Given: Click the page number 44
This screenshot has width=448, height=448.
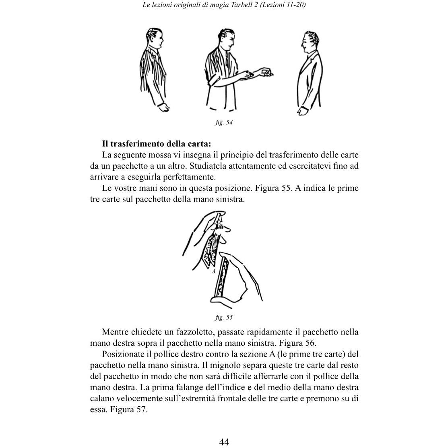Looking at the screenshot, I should [x=224, y=442].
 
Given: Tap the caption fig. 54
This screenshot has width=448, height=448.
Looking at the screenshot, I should [x=224, y=123].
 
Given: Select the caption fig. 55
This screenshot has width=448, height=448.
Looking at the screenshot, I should [x=224, y=317].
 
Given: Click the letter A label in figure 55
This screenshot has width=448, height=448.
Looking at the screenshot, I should [x=214, y=271].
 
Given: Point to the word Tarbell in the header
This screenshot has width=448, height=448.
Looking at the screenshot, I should [x=233, y=5].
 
